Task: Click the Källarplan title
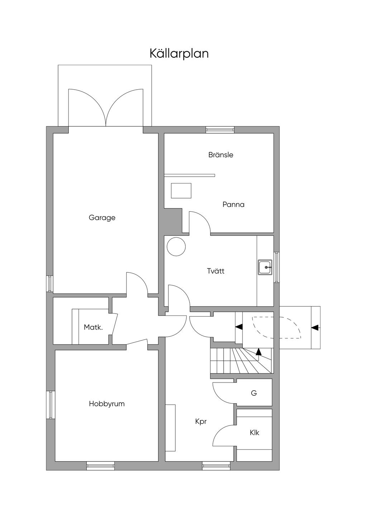point(179,53)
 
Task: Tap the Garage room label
point(102,218)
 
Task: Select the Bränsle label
point(221,155)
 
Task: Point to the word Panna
point(233,205)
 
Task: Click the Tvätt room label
point(216,271)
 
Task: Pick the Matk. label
point(93,327)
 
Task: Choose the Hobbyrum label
point(107,404)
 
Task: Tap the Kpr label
point(201,422)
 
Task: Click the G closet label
point(254,393)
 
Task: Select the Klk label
point(254,433)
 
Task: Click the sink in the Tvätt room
point(265,267)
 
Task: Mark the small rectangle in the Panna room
point(181,190)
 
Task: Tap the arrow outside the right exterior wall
point(315,327)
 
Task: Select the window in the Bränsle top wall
point(220,130)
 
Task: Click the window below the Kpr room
point(216,466)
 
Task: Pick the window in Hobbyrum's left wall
point(51,405)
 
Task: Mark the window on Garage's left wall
point(50,284)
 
